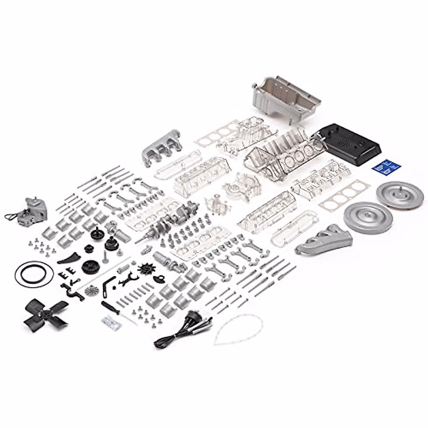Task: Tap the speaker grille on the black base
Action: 345,142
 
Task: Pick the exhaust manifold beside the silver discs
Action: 323,239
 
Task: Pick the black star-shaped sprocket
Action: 147,268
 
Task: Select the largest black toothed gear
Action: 90,266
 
